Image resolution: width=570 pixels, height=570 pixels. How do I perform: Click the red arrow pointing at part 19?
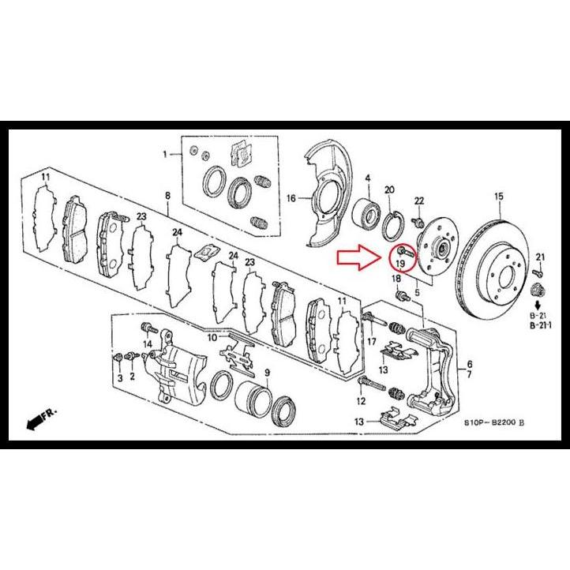358,257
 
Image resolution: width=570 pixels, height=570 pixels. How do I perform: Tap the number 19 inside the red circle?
400,263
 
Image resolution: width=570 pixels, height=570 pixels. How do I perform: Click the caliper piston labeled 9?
253,399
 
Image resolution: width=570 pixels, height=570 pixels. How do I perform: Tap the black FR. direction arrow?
36,422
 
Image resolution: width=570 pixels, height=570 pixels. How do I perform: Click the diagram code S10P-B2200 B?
494,423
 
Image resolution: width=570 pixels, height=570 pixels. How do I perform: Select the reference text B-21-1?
541,325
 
